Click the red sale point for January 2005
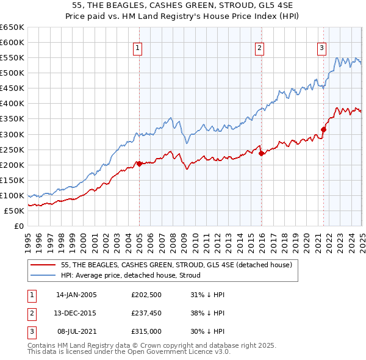coord(139,164)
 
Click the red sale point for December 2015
coord(261,153)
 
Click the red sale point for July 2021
coord(323,129)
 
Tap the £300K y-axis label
coord(12,134)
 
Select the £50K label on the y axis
coord(15,211)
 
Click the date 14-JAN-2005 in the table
coord(76,295)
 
